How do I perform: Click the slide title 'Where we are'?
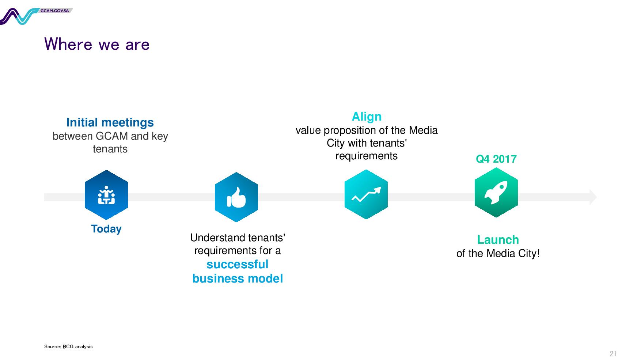pyautogui.click(x=97, y=44)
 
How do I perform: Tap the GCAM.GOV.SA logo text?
pyautogui.click(x=55, y=11)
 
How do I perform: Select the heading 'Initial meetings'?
pyautogui.click(x=110, y=122)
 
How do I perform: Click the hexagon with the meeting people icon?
pyautogui.click(x=106, y=195)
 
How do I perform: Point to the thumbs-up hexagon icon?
pyautogui.click(x=236, y=197)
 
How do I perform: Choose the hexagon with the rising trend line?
pyautogui.click(x=366, y=194)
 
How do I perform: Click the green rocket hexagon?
pyautogui.click(x=496, y=192)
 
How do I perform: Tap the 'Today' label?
pyautogui.click(x=106, y=229)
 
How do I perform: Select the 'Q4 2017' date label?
pyautogui.click(x=496, y=159)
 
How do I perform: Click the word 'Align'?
pyautogui.click(x=367, y=117)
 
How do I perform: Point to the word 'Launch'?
pyautogui.click(x=498, y=240)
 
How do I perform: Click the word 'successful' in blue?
pyautogui.click(x=238, y=264)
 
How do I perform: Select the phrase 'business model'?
pyautogui.click(x=238, y=278)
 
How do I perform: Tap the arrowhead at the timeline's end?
pyautogui.click(x=593, y=197)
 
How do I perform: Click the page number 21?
pyautogui.click(x=613, y=353)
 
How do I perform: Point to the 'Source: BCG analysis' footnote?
pyautogui.click(x=68, y=346)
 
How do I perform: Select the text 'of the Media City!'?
pyautogui.click(x=498, y=253)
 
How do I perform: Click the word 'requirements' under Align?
pyautogui.click(x=367, y=156)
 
